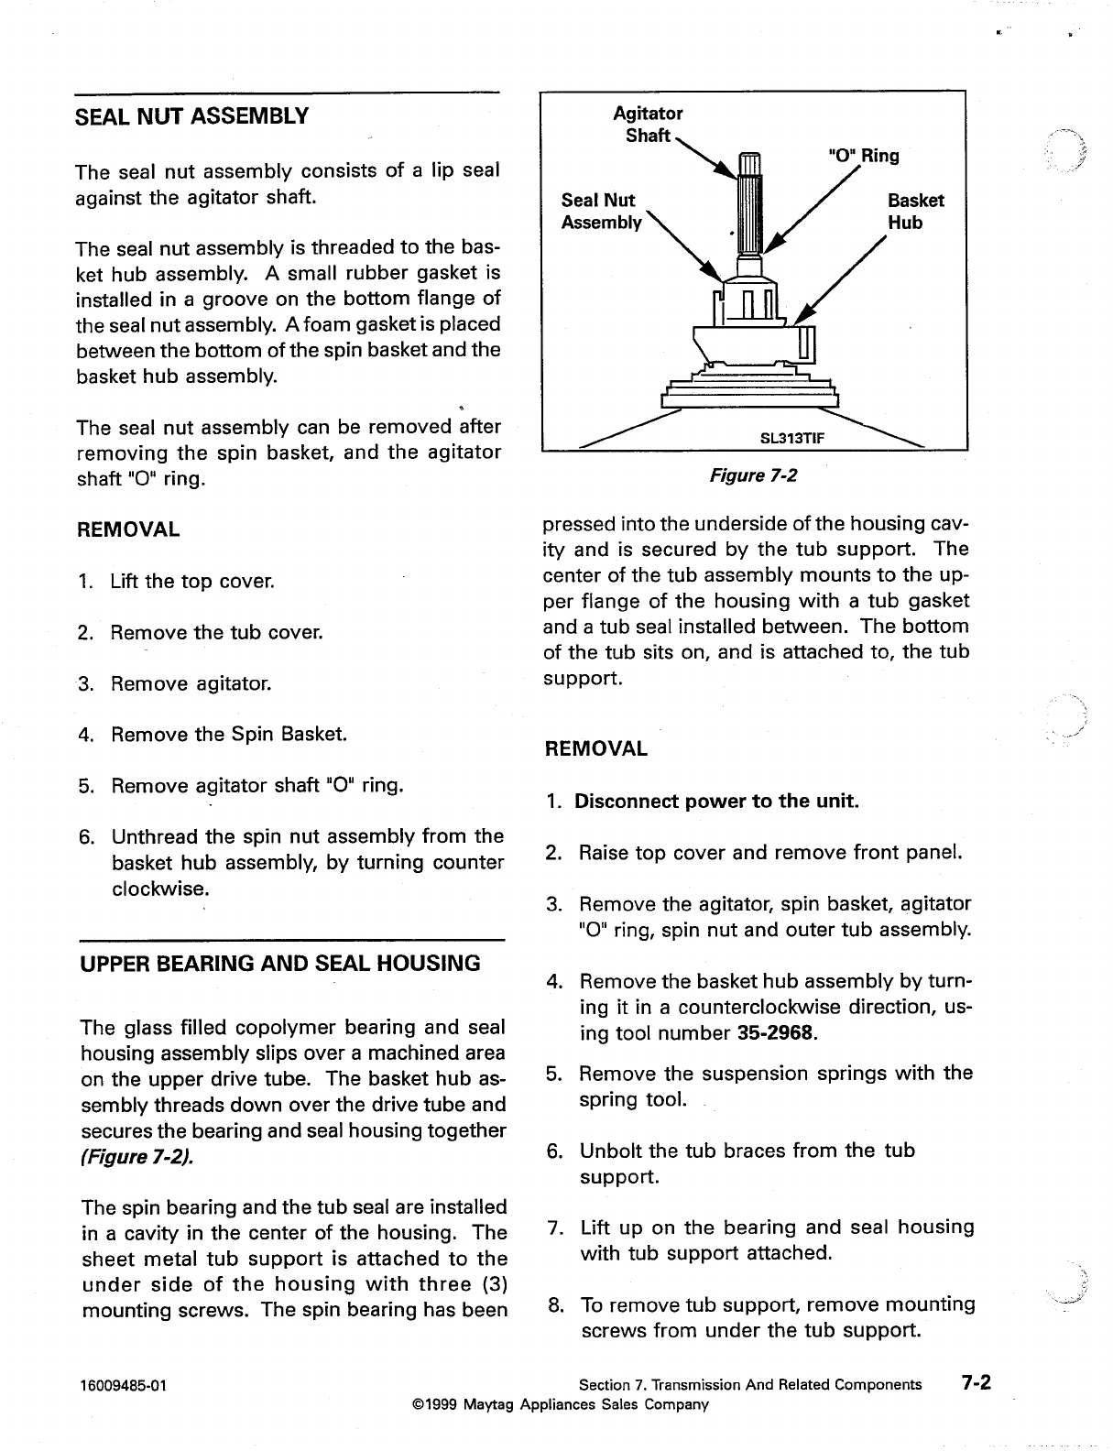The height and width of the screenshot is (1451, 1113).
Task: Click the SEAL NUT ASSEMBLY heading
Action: [x=191, y=116]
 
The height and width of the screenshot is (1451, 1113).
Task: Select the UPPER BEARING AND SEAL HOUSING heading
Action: [x=280, y=963]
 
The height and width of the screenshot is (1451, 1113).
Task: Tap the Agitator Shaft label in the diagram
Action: [x=648, y=125]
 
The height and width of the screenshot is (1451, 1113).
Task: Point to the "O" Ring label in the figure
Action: [x=863, y=156]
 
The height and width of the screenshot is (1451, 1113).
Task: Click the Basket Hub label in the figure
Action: [x=915, y=212]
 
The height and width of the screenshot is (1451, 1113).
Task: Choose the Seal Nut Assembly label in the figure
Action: [x=601, y=212]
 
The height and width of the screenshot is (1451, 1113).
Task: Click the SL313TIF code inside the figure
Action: [x=792, y=438]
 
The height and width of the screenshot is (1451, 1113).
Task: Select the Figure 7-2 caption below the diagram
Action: [x=754, y=475]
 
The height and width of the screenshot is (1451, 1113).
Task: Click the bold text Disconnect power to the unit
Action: [x=716, y=802]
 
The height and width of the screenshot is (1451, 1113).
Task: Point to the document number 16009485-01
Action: [x=124, y=1385]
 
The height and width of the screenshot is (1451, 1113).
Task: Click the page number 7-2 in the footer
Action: [x=976, y=1383]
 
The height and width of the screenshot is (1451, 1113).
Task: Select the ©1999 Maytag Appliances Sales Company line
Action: [x=561, y=1404]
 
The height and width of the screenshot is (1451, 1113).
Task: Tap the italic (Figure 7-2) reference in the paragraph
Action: [x=136, y=1156]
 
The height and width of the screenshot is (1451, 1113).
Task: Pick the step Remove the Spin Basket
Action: [x=229, y=735]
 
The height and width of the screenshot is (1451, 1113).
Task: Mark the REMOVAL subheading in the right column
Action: [x=595, y=748]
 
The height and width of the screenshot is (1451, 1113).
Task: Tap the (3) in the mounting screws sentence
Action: [x=490, y=1283]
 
